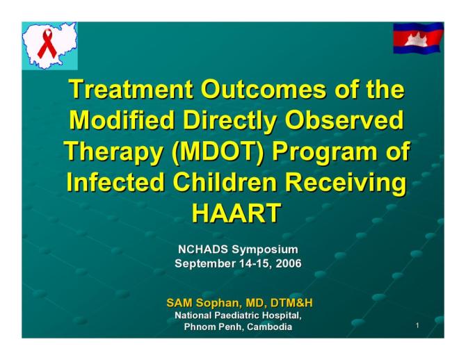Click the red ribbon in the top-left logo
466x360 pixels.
[47, 44]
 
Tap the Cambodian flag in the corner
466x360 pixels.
[417, 38]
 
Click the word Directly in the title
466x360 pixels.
[229, 121]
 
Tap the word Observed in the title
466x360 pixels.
[346, 121]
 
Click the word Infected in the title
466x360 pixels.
[113, 183]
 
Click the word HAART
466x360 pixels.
[236, 213]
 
